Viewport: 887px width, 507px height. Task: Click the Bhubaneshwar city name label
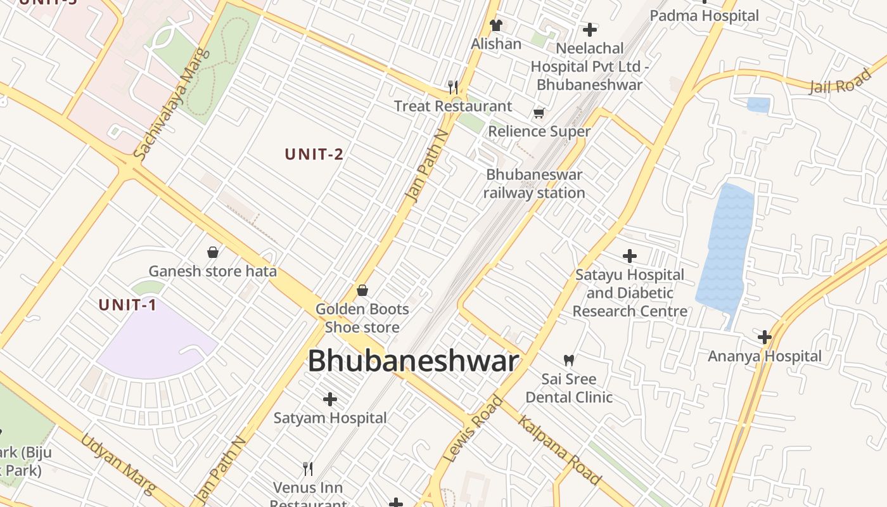coord(413,361)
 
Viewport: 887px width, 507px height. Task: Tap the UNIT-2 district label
coord(314,154)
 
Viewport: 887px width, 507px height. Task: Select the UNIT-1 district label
coord(127,305)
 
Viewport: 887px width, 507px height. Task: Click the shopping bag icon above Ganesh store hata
coord(213,252)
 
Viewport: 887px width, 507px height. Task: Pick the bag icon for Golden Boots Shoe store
coord(362,290)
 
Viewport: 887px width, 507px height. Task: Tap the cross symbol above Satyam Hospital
coord(330,399)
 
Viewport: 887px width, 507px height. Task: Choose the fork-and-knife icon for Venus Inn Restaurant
coord(308,469)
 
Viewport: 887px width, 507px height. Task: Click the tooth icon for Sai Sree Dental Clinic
coord(569,360)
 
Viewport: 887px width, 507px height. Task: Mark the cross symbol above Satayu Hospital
coord(629,256)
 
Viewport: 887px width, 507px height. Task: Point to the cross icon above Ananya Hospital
coord(765,337)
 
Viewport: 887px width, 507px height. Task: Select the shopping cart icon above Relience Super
coord(539,113)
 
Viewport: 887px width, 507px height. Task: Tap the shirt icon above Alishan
coord(495,25)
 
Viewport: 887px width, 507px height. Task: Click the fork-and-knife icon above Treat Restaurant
coord(453,87)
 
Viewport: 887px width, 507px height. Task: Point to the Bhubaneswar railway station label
coord(534,184)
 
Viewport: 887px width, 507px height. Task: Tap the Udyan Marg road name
coord(118,463)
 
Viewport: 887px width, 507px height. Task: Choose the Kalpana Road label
coord(559,450)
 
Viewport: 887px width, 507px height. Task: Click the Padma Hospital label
coord(704,15)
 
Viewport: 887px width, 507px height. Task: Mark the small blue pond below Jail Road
coord(758,105)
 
